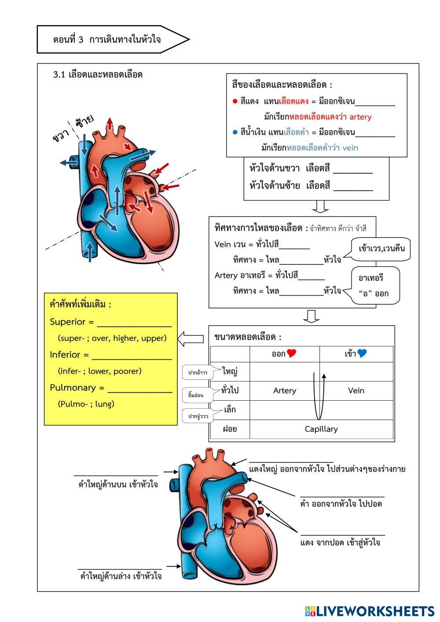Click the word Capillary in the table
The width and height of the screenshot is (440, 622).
click(x=321, y=429)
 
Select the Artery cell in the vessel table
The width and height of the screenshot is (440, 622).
click(x=285, y=391)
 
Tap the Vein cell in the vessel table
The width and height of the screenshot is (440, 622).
click(x=356, y=391)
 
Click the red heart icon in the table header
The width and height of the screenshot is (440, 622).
click(x=291, y=353)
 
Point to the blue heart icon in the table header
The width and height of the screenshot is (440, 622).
click(x=362, y=353)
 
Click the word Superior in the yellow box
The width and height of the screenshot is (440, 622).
click(x=67, y=322)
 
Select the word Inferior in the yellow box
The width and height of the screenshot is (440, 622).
click(x=65, y=355)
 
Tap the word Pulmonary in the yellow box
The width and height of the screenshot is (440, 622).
click(x=73, y=388)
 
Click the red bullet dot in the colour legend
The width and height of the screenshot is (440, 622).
click(x=235, y=102)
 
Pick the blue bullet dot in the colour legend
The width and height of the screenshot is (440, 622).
click(x=235, y=132)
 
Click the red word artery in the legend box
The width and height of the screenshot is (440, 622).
click(x=360, y=117)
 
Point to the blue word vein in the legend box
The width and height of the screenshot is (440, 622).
click(x=350, y=148)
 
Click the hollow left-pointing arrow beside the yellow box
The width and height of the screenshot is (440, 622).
click(x=191, y=339)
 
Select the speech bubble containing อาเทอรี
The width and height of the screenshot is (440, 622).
click(x=375, y=285)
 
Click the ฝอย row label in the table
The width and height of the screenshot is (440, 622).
click(x=230, y=429)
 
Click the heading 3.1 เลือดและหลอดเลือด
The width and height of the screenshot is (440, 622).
click(x=98, y=74)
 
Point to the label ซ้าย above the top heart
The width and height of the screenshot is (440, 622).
click(x=84, y=121)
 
